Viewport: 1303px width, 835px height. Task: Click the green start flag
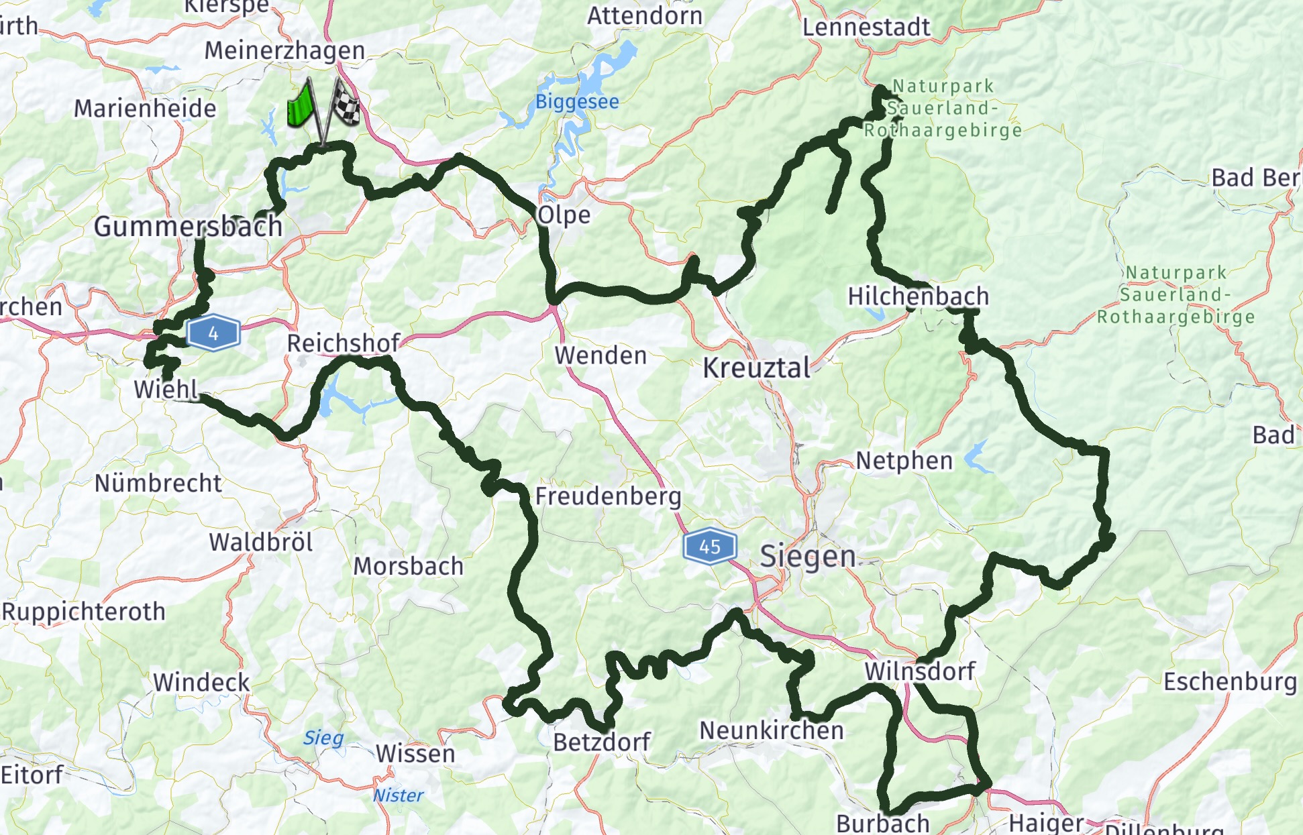pyautogui.click(x=301, y=106)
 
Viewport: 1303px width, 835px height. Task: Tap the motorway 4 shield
pyautogui.click(x=213, y=333)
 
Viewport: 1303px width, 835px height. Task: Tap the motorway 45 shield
pyautogui.click(x=709, y=547)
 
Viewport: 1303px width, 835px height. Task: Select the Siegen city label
pyautogui.click(x=807, y=556)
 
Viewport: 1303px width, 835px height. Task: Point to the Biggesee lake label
pyautogui.click(x=577, y=102)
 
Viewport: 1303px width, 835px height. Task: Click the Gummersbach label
pyautogui.click(x=188, y=227)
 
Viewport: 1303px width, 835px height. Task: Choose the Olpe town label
pyautogui.click(x=564, y=215)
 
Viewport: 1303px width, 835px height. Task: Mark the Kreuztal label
pyautogui.click(x=756, y=368)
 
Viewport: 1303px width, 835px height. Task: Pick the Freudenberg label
pyautogui.click(x=608, y=496)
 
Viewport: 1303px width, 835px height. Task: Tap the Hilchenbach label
pyautogui.click(x=918, y=296)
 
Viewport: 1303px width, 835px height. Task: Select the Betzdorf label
pyautogui.click(x=601, y=742)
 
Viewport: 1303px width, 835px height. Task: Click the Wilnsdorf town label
pyautogui.click(x=919, y=671)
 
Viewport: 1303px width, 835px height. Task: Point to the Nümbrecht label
pyautogui.click(x=158, y=483)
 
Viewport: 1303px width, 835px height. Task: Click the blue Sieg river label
pyautogui.click(x=323, y=738)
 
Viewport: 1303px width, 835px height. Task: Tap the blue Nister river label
pyautogui.click(x=398, y=795)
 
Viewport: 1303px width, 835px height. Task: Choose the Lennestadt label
pyautogui.click(x=866, y=27)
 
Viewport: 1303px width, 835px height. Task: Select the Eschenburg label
pyautogui.click(x=1229, y=681)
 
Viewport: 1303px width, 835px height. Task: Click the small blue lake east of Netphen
pyautogui.click(x=978, y=457)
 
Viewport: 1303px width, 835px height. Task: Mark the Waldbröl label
pyautogui.click(x=260, y=542)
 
